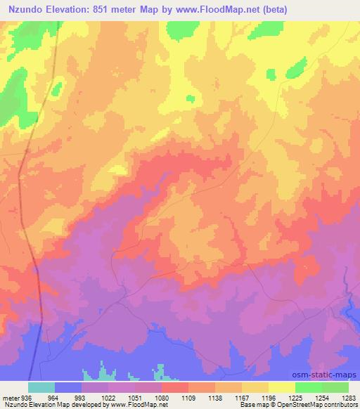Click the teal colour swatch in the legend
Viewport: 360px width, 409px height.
point(41,387)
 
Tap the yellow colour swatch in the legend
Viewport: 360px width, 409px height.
point(282,387)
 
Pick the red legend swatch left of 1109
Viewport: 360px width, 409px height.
point(175,387)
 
